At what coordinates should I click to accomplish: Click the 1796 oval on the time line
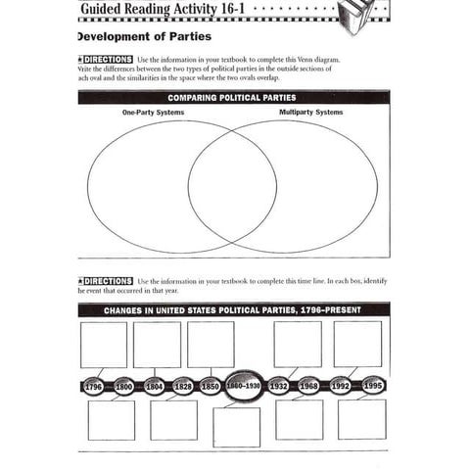point(94,386)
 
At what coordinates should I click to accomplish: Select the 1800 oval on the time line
point(124,386)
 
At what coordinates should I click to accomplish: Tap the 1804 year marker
point(154,386)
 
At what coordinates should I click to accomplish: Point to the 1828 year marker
point(182,386)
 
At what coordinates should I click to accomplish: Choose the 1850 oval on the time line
point(211,386)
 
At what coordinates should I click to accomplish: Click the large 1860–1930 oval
point(244,385)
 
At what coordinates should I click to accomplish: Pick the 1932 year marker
point(279,386)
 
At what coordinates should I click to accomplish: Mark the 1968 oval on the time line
point(309,386)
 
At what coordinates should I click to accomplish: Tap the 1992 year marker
point(340,386)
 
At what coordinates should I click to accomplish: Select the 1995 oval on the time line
point(373,386)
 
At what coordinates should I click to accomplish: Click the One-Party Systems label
point(154,113)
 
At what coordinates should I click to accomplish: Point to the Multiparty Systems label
point(310,113)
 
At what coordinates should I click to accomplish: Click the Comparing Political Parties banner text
point(232,98)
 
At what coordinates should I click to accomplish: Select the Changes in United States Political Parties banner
point(232,309)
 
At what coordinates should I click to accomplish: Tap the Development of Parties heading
point(142,36)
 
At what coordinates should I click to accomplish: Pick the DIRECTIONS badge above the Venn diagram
point(104,60)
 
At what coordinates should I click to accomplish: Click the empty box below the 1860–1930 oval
point(236,427)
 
